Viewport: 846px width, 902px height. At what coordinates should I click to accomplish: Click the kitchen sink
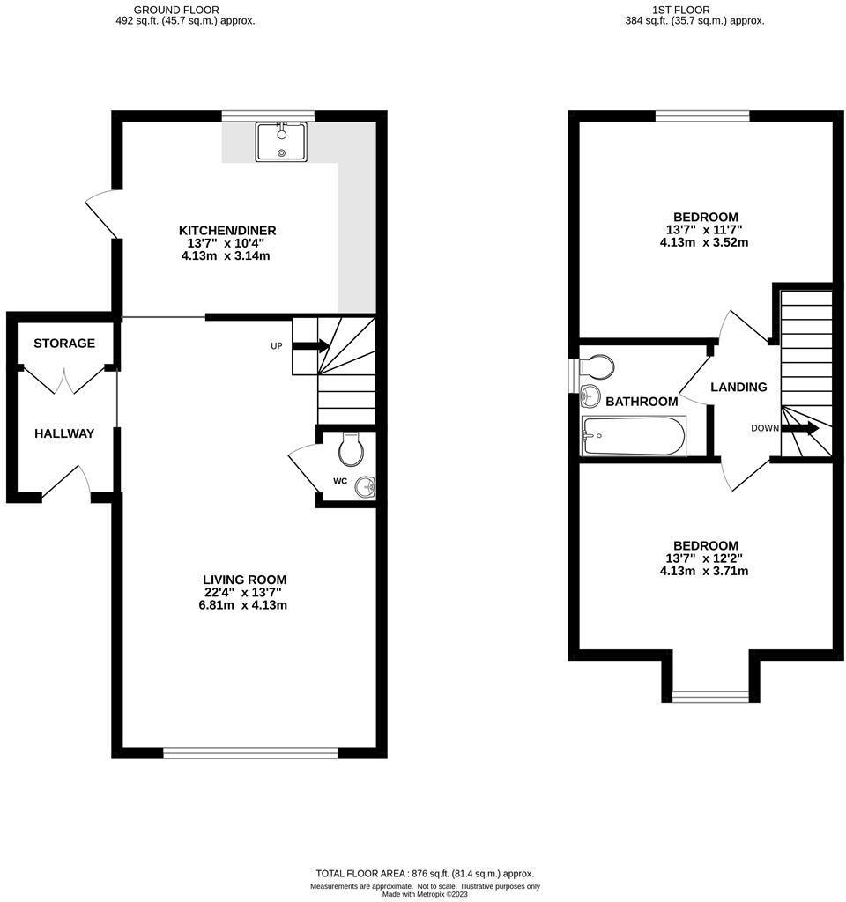281,142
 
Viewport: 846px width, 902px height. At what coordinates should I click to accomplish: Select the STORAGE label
64,344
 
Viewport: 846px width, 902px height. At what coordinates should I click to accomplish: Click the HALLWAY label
64,433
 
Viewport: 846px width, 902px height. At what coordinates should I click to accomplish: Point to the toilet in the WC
351,450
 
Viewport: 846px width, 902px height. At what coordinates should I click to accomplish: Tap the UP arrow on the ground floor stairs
308,346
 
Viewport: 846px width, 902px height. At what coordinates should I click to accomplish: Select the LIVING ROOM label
245,580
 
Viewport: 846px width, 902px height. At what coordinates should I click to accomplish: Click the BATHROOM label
642,402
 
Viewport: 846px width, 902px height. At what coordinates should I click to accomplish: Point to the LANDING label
738,387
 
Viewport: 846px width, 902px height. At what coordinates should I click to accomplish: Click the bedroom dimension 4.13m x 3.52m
705,243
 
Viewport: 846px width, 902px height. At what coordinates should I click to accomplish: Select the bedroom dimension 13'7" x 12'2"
705,558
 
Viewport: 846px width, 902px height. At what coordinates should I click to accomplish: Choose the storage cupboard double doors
64,381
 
